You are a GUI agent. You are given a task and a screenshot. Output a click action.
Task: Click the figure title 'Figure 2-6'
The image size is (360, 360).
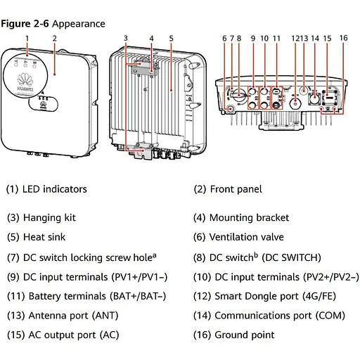pyautogui.click(x=24, y=24)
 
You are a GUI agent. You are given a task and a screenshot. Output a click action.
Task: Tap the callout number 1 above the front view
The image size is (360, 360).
pyautogui.click(x=27, y=37)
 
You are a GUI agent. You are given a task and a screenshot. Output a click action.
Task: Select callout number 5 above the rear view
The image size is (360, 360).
pyautogui.click(x=171, y=37)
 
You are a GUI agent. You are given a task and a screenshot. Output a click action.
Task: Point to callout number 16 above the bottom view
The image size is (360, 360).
pyautogui.click(x=343, y=37)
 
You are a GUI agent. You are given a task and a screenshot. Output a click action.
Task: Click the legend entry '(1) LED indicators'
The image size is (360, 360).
pyautogui.click(x=46, y=189)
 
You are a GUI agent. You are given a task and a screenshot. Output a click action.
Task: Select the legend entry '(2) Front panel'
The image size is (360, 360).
pyautogui.click(x=228, y=189)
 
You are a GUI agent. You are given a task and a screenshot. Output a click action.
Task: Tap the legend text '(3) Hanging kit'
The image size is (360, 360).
pyautogui.click(x=41, y=218)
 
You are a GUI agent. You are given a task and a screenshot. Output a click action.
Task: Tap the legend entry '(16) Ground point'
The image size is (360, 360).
pyautogui.click(x=234, y=335)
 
